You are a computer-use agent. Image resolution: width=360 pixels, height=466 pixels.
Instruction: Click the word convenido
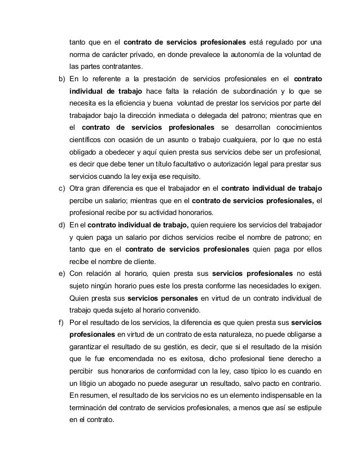coord(182,311)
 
